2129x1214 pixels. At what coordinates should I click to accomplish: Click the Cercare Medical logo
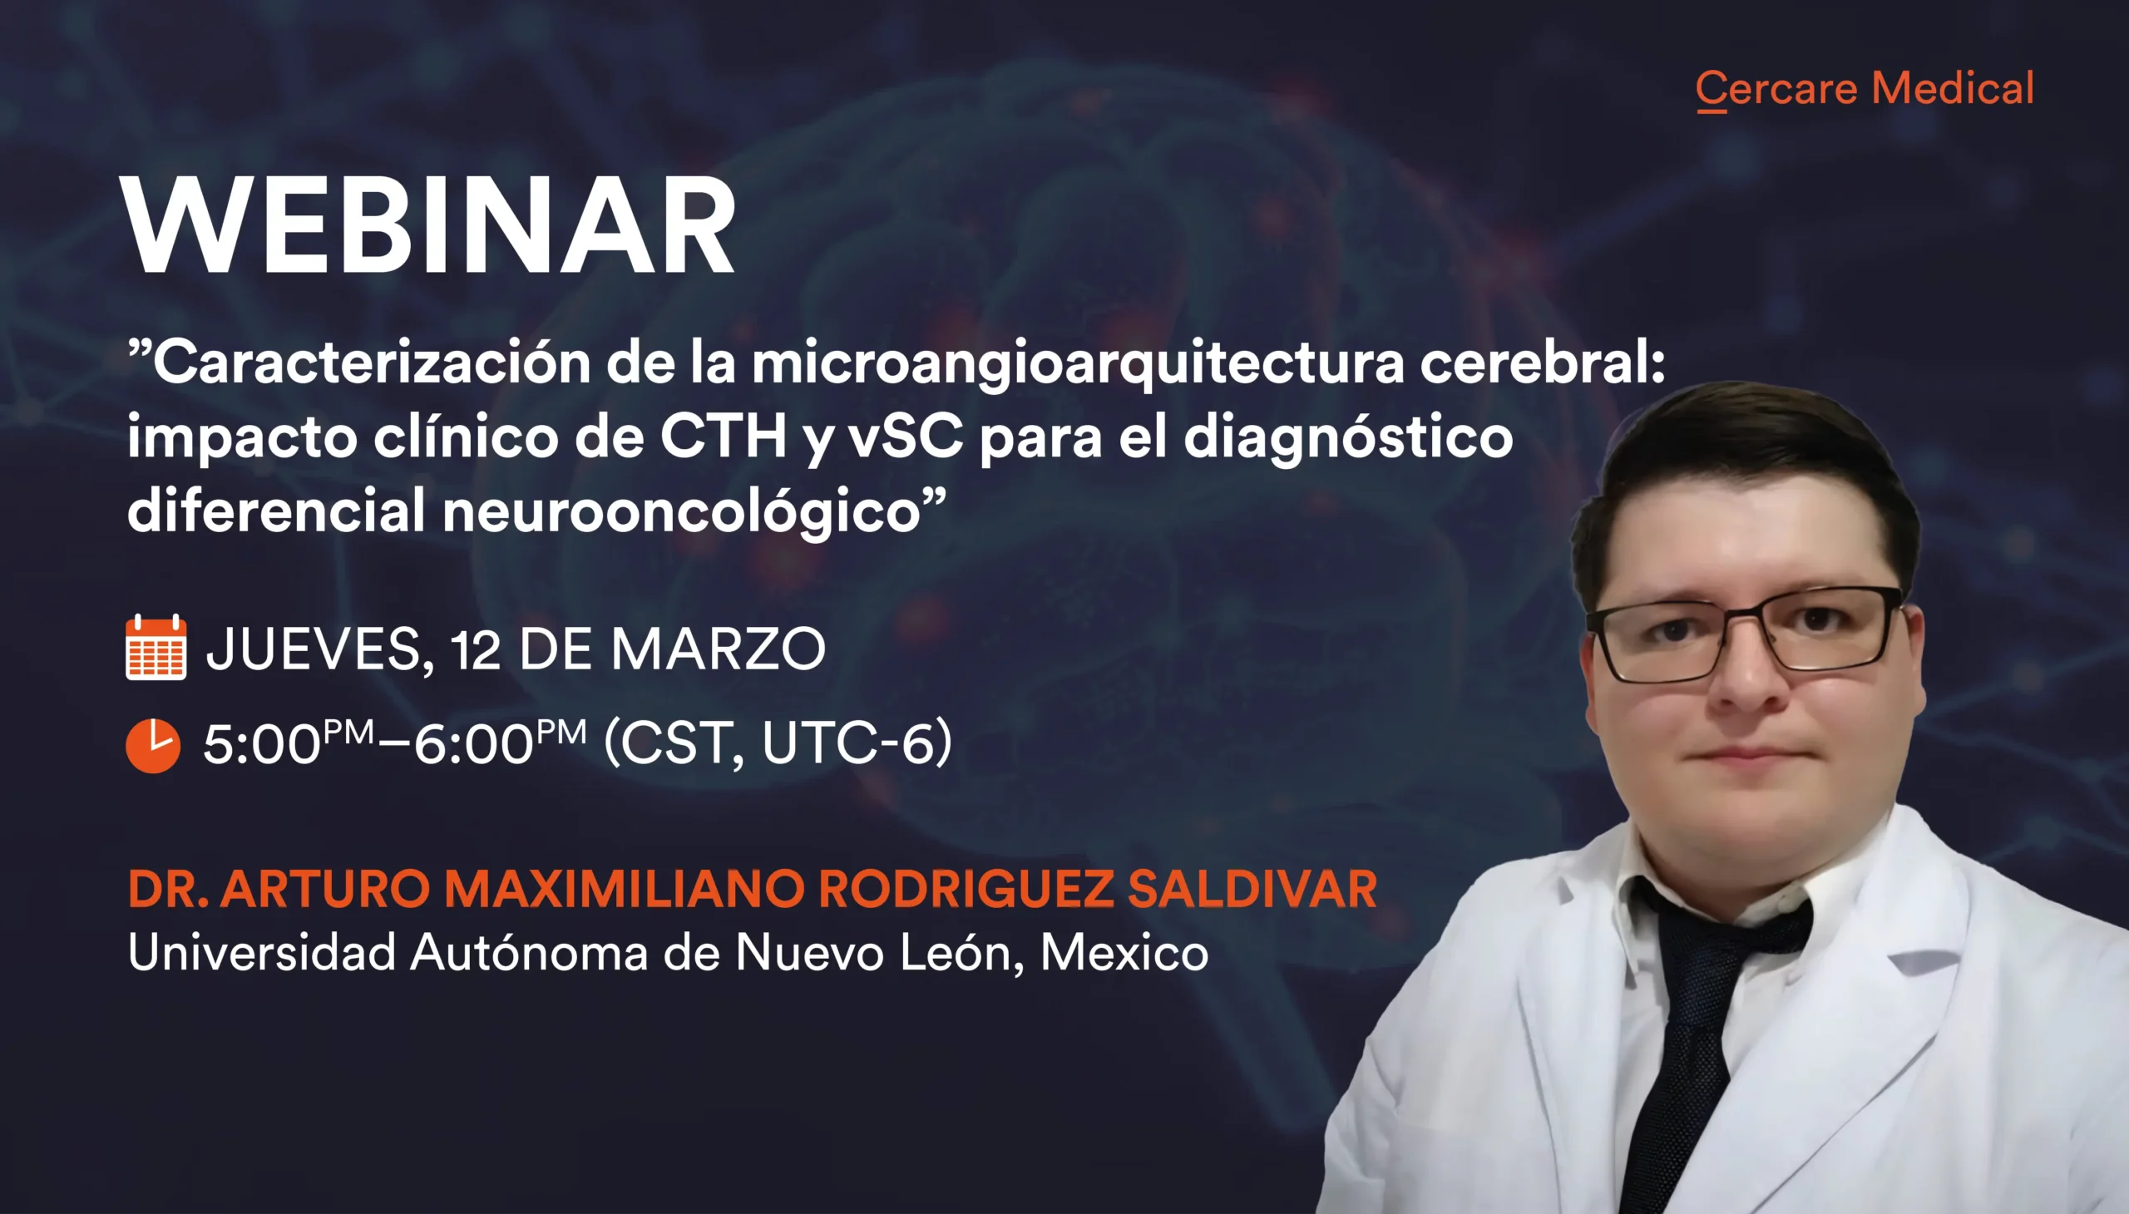tap(1865, 89)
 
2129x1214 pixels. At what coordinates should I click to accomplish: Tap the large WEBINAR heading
tap(428, 225)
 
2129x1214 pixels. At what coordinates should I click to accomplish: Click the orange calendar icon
tap(156, 647)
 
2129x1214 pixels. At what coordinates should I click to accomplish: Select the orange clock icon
tap(154, 744)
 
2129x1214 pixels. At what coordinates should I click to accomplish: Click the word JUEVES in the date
tap(319, 649)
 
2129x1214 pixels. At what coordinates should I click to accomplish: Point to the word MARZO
tap(718, 649)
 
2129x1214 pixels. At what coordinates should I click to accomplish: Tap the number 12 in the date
tap(477, 649)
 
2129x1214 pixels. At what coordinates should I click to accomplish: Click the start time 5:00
tap(262, 743)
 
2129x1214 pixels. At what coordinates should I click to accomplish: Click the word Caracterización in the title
tap(372, 363)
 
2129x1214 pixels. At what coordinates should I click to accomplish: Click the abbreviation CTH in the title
tap(724, 436)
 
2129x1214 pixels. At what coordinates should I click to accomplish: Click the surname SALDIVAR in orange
tap(1252, 889)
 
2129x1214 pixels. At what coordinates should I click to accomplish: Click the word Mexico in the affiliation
tap(1124, 952)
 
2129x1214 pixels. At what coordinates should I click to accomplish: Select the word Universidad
tap(262, 952)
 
